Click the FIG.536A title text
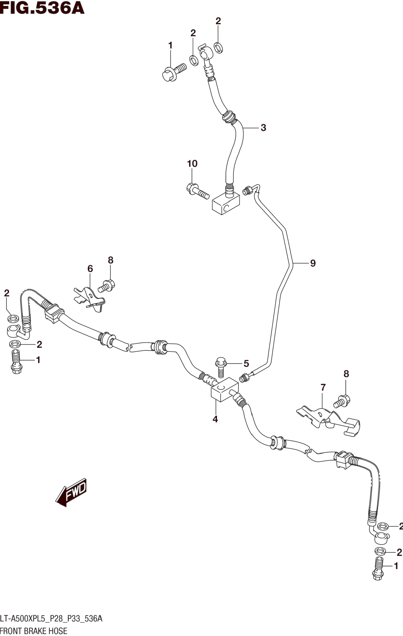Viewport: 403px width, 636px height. [42, 8]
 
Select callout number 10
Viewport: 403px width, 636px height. [192, 164]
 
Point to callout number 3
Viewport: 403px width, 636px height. [263, 128]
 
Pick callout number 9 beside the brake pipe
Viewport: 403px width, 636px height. [313, 263]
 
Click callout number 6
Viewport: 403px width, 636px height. [90, 269]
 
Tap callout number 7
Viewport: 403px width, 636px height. [323, 388]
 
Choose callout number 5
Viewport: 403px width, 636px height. [246, 364]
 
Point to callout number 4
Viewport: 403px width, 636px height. [215, 419]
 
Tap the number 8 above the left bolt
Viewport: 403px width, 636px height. [110, 260]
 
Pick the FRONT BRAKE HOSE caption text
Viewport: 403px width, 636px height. [34, 631]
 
